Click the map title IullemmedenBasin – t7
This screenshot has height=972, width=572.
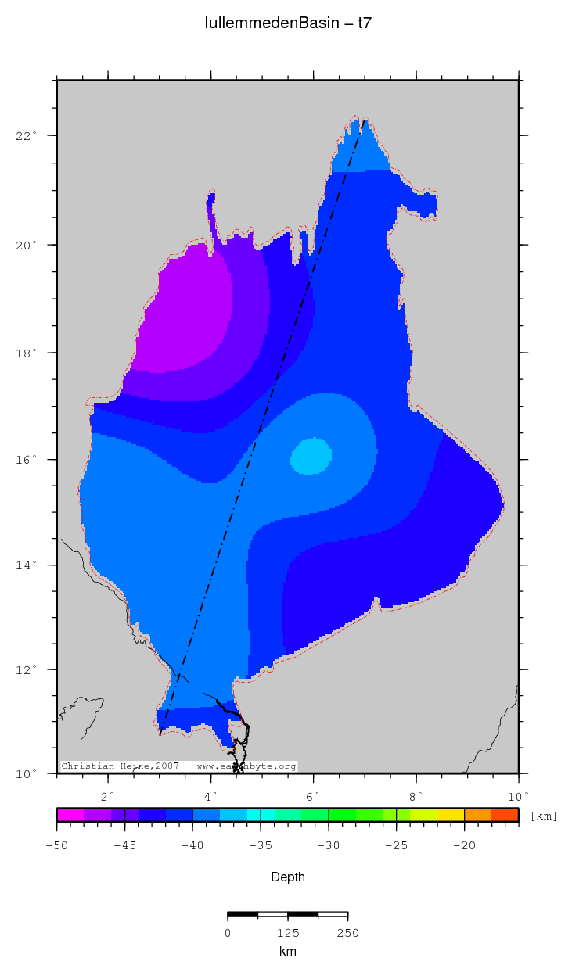[288, 23]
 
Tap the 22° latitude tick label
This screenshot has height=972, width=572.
[28, 136]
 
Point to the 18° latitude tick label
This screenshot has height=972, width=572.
[28, 353]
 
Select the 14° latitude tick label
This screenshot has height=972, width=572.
[28, 565]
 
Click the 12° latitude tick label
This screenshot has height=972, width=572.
[28, 670]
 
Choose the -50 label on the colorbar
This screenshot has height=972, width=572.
[56, 845]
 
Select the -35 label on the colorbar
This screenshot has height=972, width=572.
[261, 845]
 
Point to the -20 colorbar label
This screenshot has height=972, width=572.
[465, 845]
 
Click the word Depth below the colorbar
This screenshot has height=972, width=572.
[288, 877]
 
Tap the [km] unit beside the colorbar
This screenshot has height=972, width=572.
[544, 816]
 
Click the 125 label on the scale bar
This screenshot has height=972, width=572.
[288, 933]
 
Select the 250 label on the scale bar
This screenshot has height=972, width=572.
[347, 933]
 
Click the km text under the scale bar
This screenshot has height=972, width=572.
[288, 952]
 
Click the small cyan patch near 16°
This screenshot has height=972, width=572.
[311, 457]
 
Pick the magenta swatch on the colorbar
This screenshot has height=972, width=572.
[70, 815]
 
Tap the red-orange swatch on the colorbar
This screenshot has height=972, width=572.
[505, 815]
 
